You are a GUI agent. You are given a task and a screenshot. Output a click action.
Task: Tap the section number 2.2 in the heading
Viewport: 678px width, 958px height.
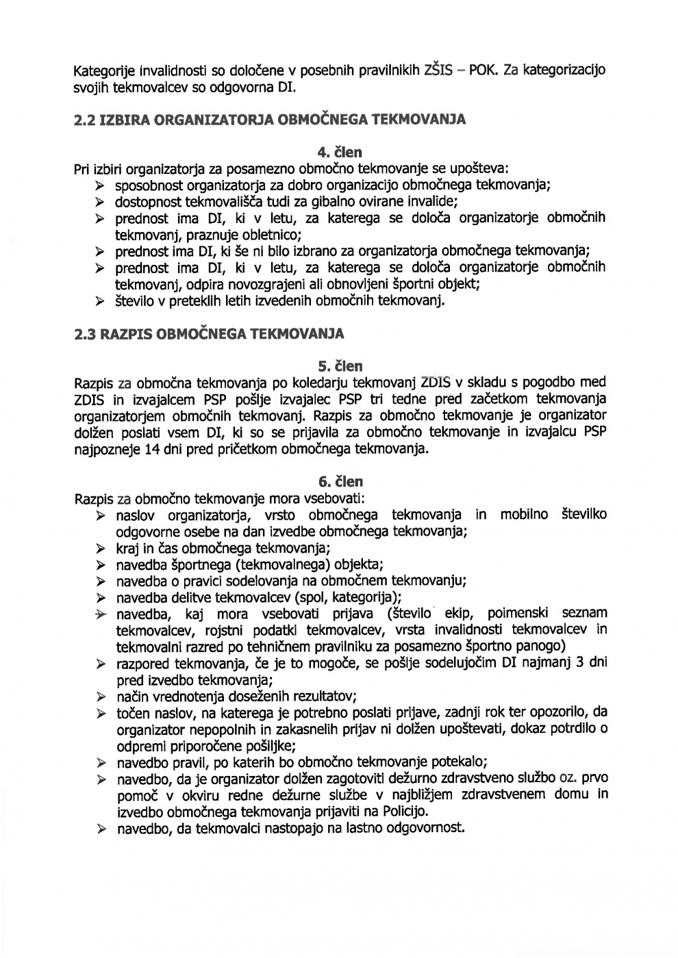click(x=86, y=120)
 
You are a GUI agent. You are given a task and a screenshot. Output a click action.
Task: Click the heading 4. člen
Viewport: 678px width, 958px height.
click(x=340, y=152)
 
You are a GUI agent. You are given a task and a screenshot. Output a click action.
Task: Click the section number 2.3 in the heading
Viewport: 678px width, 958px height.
click(x=86, y=335)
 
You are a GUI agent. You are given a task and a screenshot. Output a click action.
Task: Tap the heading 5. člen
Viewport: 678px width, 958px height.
click(x=340, y=367)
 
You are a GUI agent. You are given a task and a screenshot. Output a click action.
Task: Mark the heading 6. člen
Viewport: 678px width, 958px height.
click(x=340, y=482)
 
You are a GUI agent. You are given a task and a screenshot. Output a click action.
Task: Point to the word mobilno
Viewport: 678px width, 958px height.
click(x=524, y=515)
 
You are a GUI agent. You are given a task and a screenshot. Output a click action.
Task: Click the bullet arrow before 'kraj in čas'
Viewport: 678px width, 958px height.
click(x=101, y=548)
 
